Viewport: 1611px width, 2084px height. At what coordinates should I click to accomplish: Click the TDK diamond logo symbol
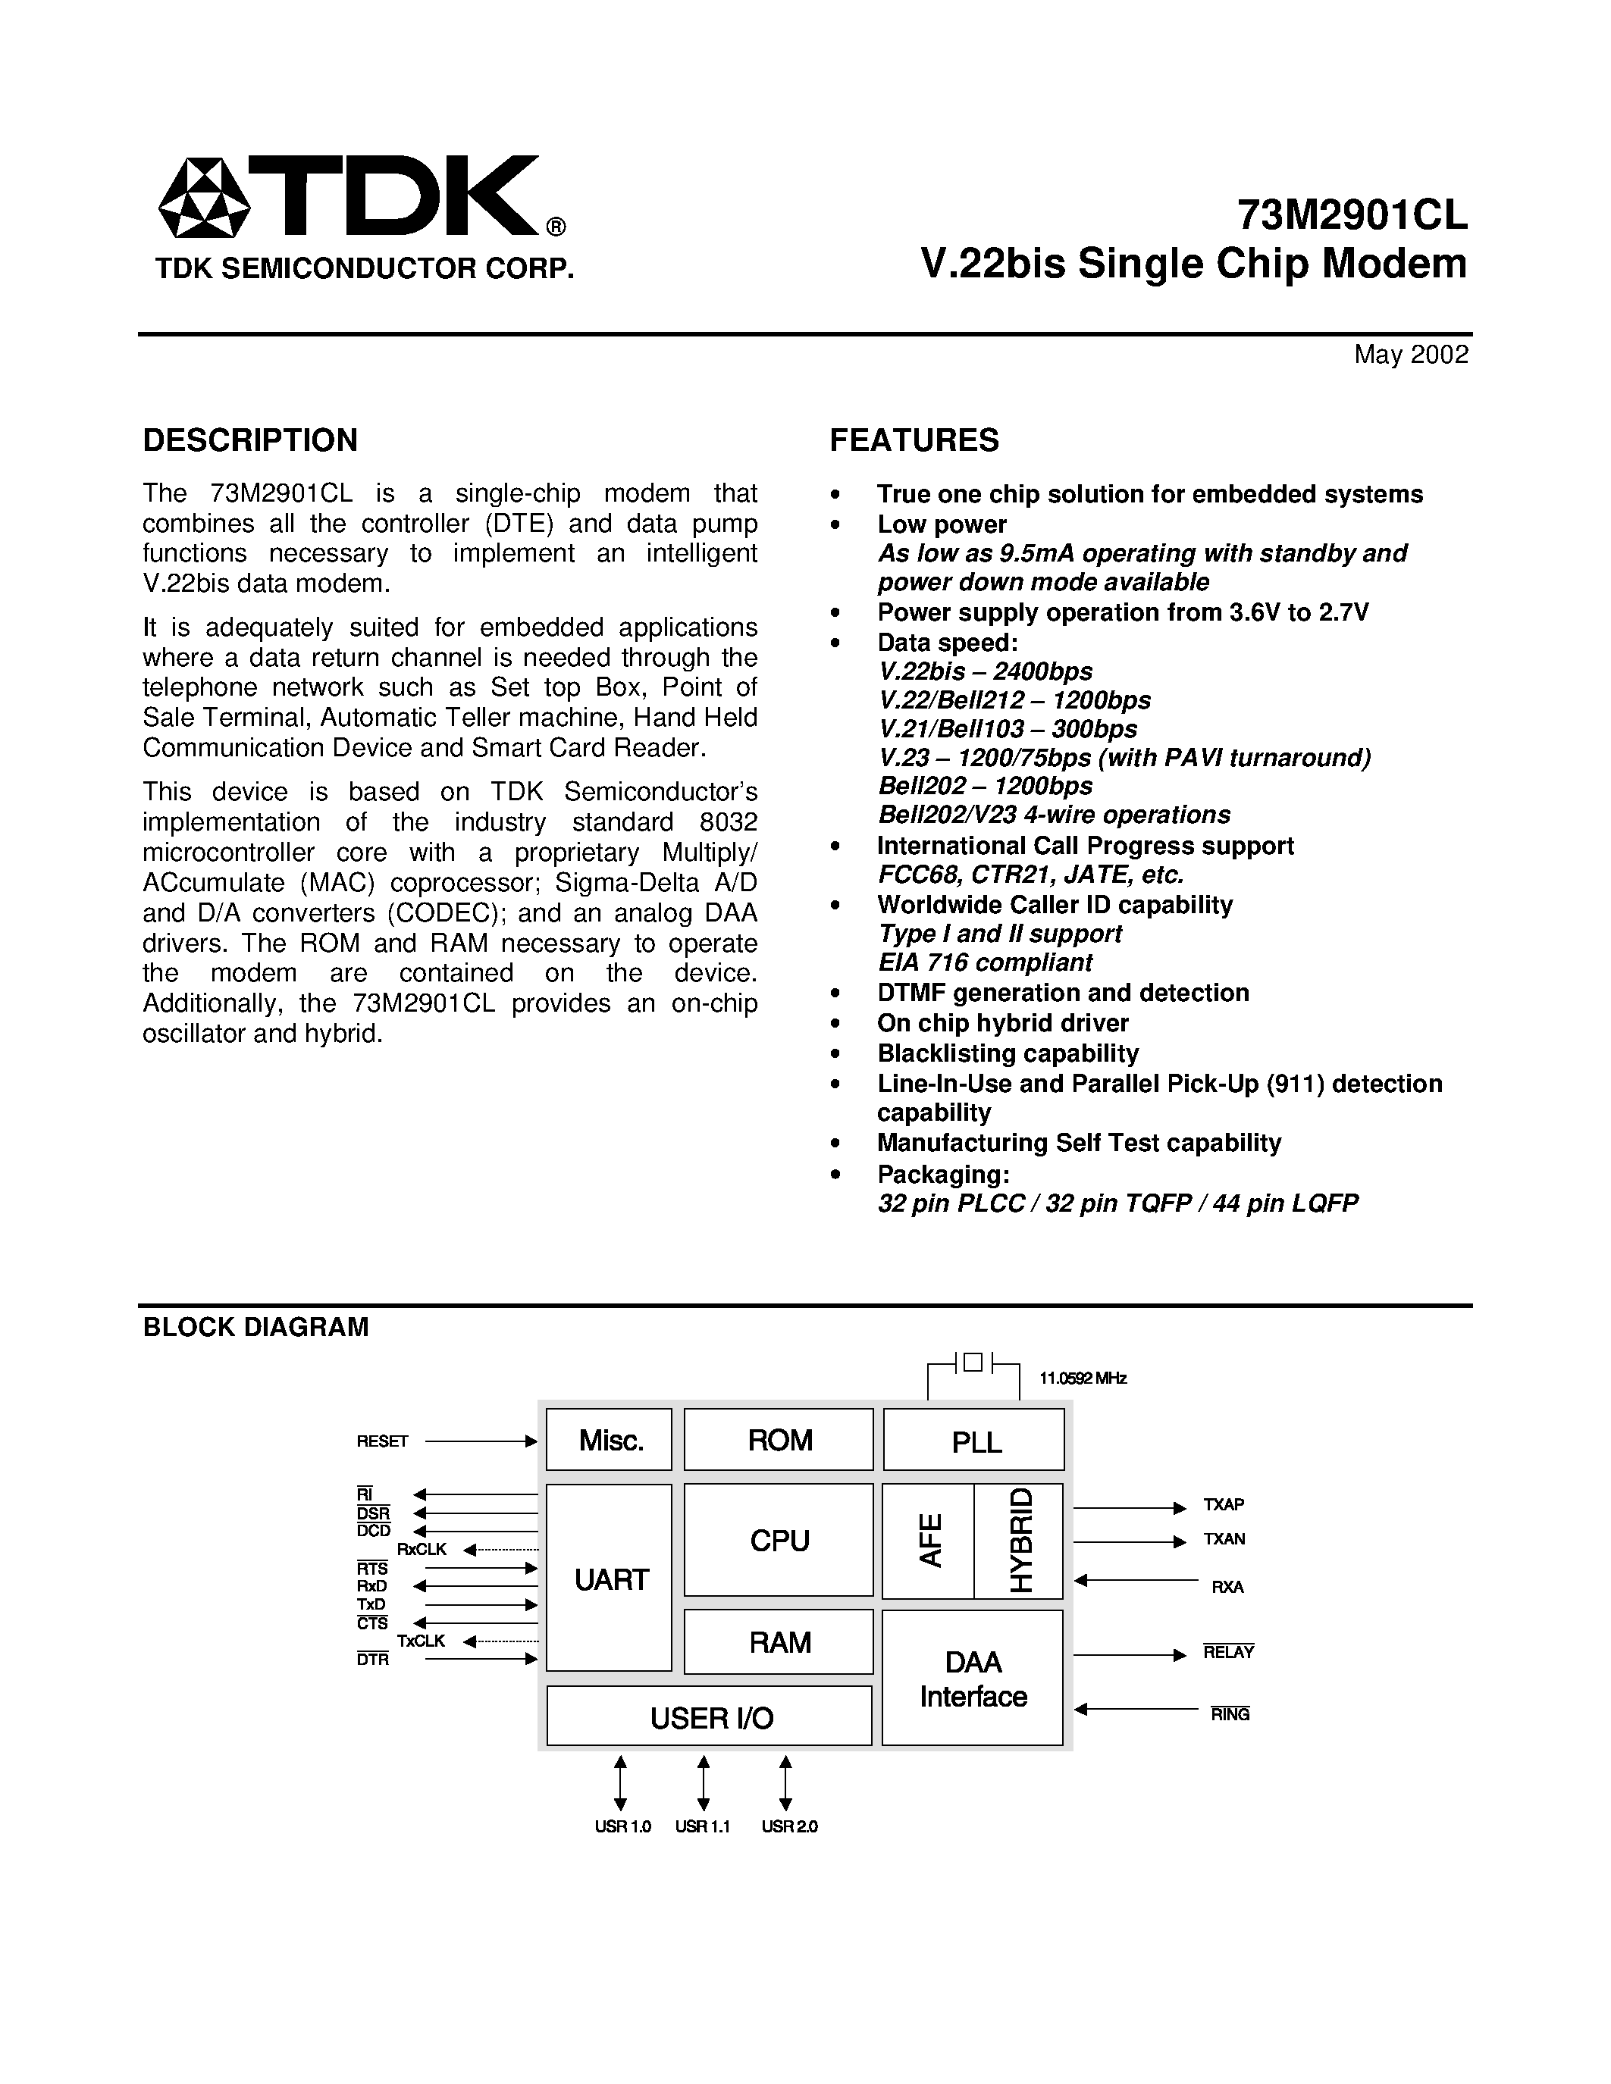click(203, 198)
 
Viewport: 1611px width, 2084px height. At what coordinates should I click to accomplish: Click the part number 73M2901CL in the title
click(1352, 216)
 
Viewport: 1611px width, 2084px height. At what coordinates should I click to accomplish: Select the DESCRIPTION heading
click(250, 440)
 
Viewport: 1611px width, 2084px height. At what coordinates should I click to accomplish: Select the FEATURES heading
click(914, 440)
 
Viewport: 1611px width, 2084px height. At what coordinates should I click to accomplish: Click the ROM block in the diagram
click(779, 1440)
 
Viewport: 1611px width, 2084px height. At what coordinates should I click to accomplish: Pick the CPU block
click(779, 1540)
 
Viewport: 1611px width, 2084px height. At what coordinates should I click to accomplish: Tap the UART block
click(610, 1579)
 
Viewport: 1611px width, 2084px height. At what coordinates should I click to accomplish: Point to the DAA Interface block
click(973, 1679)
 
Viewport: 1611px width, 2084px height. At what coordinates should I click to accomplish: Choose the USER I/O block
click(710, 1717)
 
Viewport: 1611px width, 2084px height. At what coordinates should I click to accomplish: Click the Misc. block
click(610, 1440)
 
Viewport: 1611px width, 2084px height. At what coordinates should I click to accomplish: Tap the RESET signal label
click(382, 1441)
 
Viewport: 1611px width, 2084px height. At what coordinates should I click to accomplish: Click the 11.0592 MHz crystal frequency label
click(1083, 1378)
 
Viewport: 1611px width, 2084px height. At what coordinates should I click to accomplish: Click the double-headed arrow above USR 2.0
click(785, 1782)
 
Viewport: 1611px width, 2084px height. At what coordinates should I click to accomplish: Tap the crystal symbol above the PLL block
click(973, 1363)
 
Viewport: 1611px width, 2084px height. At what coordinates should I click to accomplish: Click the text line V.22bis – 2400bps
click(985, 671)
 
